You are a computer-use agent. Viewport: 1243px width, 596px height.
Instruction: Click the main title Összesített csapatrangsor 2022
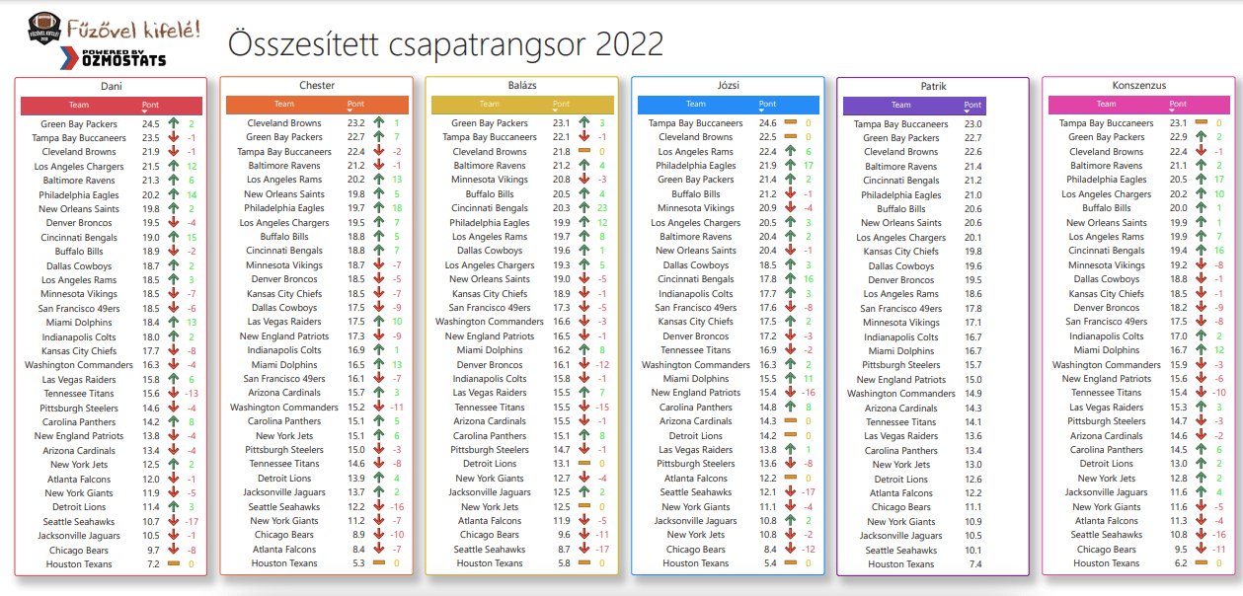(445, 44)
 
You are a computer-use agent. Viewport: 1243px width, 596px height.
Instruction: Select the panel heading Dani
(111, 87)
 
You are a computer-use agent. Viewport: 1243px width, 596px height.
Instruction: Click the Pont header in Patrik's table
(972, 105)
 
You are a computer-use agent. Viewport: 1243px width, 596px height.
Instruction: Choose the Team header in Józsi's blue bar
(696, 104)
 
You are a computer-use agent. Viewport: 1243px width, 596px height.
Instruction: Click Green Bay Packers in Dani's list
(79, 124)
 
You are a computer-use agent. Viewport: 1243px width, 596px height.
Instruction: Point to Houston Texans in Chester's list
(283, 563)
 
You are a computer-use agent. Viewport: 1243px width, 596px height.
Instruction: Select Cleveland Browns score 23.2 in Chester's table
(355, 123)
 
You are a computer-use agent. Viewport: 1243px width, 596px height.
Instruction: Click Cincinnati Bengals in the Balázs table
(489, 208)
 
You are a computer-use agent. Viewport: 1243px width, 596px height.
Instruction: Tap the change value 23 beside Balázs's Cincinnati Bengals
(601, 208)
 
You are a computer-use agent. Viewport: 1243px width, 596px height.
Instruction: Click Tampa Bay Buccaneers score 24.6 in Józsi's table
(767, 123)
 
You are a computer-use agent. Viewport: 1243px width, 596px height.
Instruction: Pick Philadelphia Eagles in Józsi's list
(696, 166)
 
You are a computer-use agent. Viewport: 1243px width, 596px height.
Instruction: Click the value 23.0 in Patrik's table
(972, 124)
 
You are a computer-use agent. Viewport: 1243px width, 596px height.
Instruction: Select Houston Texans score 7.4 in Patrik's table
(974, 564)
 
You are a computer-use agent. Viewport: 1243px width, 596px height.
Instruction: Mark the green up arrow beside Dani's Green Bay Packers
(173, 124)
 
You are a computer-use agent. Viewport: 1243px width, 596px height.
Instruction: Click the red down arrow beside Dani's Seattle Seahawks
(173, 521)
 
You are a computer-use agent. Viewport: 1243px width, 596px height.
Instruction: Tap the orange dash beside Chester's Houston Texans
(379, 563)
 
